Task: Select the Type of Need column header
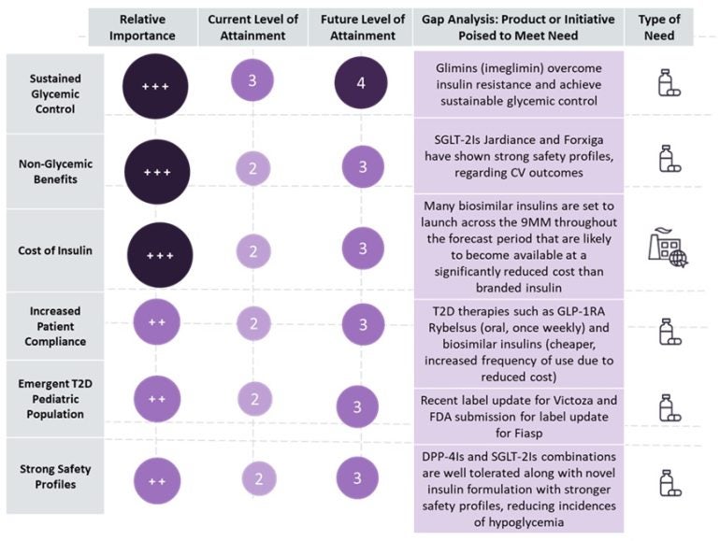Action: coord(659,27)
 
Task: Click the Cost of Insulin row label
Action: coord(53,251)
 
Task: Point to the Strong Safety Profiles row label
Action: coord(53,476)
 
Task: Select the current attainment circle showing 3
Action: coord(252,82)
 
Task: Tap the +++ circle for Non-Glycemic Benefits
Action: coord(158,173)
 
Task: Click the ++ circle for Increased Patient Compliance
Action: coord(157,320)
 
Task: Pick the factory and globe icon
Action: coord(668,248)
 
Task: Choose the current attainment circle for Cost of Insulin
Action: coord(252,250)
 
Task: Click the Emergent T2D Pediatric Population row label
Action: coord(53,400)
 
